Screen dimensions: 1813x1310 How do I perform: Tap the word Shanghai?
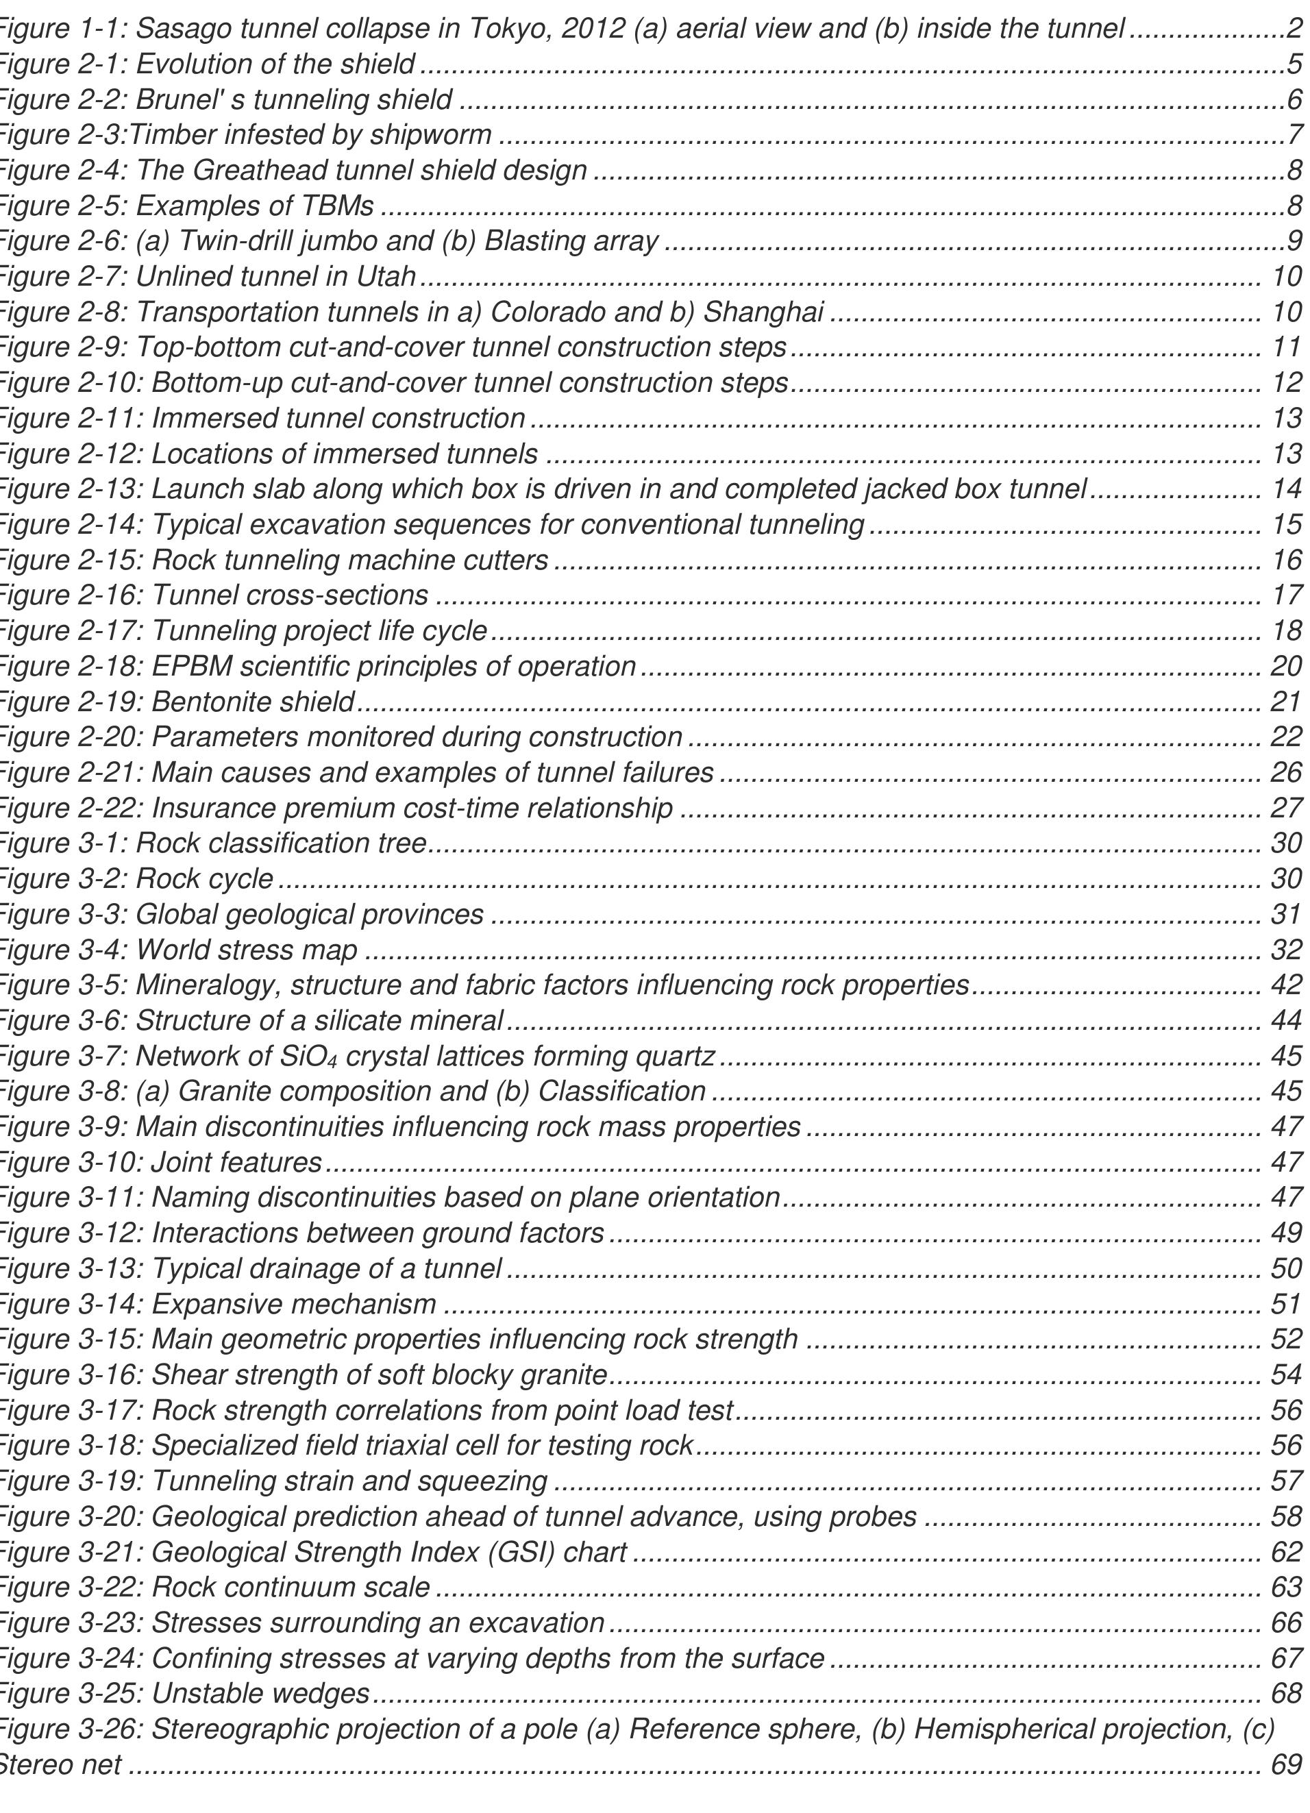[x=763, y=312]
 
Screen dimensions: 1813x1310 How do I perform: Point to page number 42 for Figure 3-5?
[x=1286, y=985]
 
